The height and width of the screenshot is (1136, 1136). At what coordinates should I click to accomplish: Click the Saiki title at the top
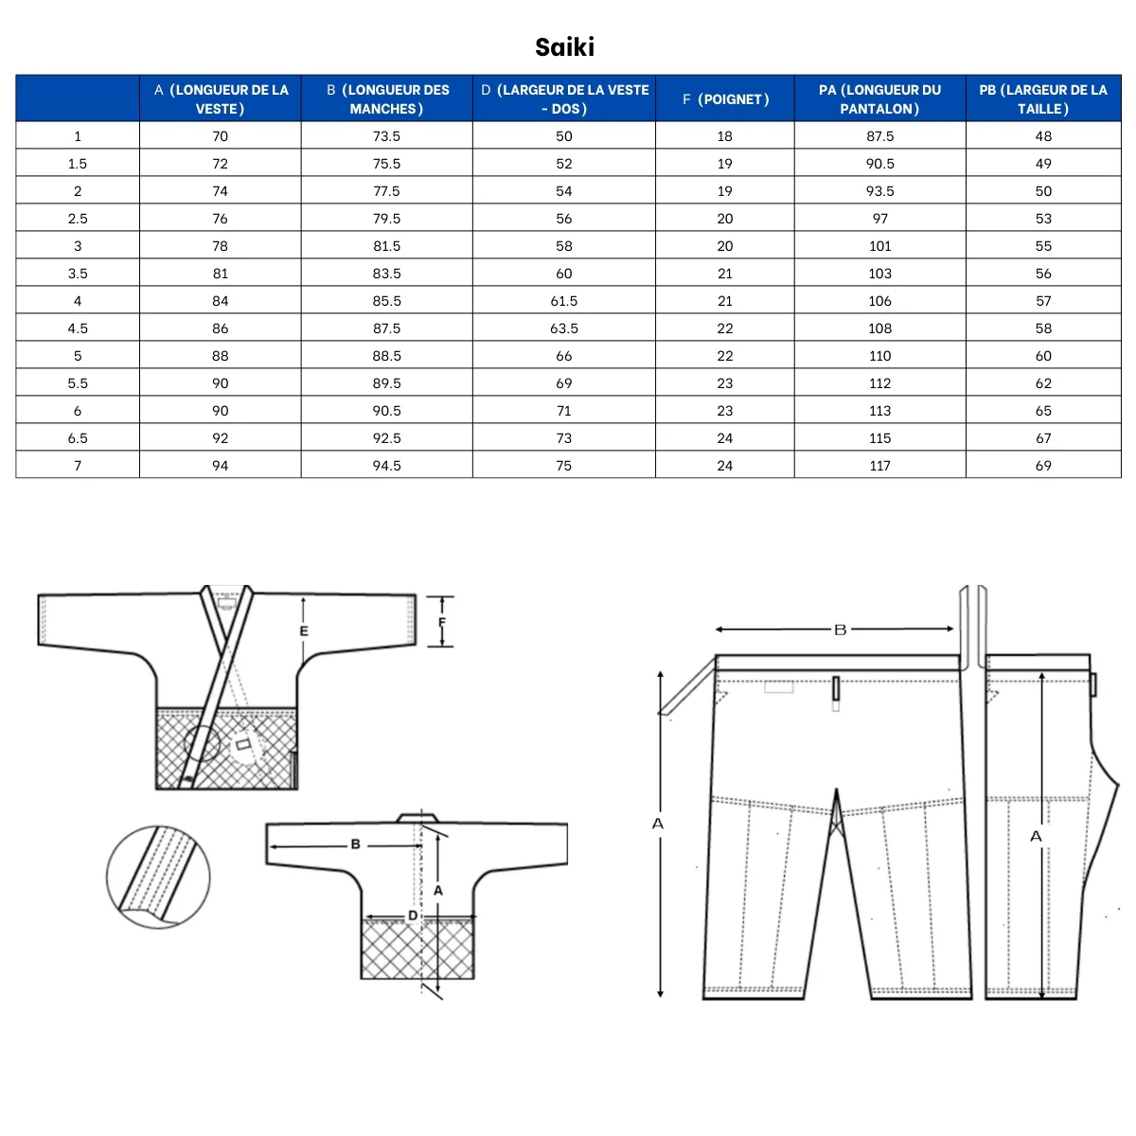[564, 47]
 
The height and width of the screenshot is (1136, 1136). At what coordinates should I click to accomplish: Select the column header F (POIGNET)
[724, 99]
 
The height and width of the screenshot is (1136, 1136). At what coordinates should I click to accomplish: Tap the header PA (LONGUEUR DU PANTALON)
[879, 99]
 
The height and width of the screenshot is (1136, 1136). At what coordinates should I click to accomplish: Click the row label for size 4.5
[78, 328]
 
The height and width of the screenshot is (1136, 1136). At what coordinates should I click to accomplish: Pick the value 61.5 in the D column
[563, 301]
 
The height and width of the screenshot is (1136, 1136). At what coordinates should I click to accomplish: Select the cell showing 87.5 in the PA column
[879, 136]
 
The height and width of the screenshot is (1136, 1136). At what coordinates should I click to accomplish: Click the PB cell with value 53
[1043, 219]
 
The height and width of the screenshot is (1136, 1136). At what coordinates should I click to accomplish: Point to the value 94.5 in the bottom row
[386, 466]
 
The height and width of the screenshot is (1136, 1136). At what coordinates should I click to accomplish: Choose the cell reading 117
[879, 466]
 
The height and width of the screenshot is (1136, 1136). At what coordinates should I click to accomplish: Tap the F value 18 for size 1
[724, 136]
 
